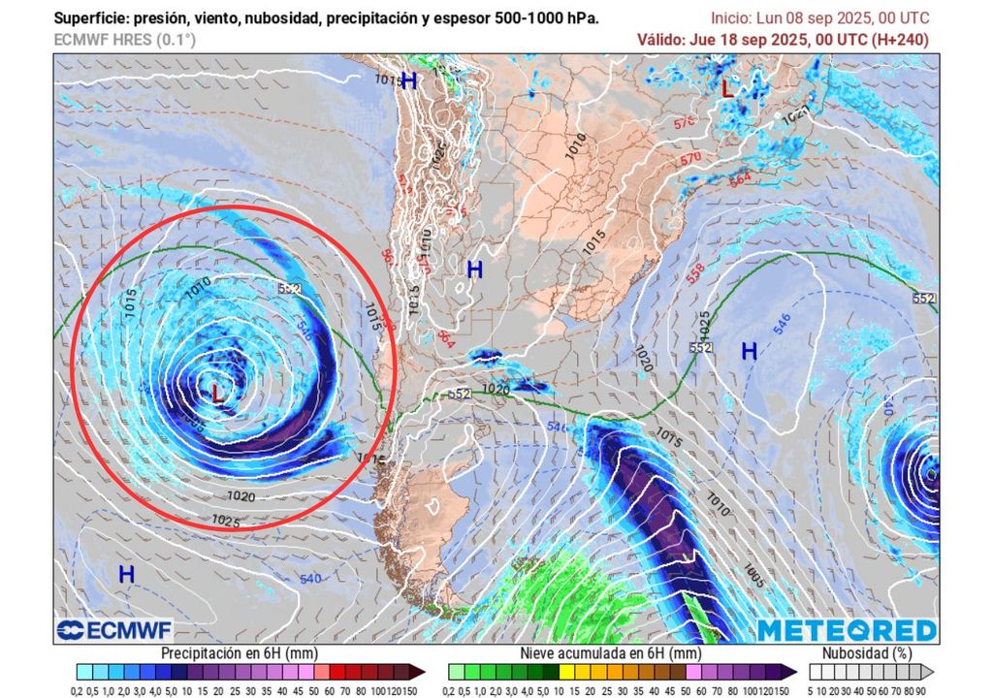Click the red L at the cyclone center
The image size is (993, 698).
click(217, 394)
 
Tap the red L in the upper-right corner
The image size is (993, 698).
click(726, 88)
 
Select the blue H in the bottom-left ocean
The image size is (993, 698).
click(126, 574)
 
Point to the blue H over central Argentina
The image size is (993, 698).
click(474, 270)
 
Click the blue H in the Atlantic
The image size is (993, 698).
click(749, 351)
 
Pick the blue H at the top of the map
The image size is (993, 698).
click(408, 81)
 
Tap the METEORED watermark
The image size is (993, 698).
click(847, 630)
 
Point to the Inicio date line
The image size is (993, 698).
click(819, 18)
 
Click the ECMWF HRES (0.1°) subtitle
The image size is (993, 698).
click(124, 40)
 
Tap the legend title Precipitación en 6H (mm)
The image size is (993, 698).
click(239, 653)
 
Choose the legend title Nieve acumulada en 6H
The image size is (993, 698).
click(610, 653)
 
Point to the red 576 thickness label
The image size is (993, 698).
click(685, 123)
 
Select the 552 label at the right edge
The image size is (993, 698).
click(925, 299)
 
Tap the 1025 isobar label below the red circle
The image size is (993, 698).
click(225, 521)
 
